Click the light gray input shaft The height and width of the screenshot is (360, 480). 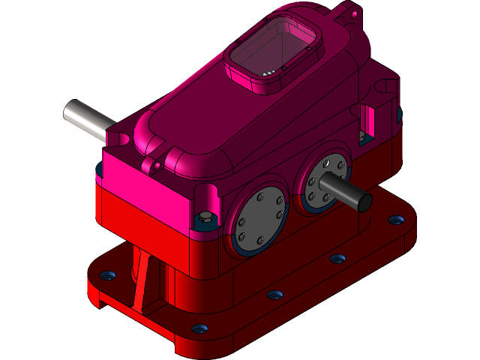pyautogui.click(x=86, y=118)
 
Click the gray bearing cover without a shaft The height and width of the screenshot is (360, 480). pyautogui.click(x=259, y=219)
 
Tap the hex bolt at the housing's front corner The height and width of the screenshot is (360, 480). pyautogui.click(x=205, y=219)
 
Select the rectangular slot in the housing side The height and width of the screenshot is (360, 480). pyautogui.click(x=367, y=120)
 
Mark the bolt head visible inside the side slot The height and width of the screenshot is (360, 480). pyautogui.click(x=363, y=136)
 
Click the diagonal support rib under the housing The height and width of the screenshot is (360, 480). pyautogui.click(x=142, y=281)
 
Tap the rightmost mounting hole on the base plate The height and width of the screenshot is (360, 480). pyautogui.click(x=394, y=221)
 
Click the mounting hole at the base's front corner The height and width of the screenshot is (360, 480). pyautogui.click(x=199, y=328)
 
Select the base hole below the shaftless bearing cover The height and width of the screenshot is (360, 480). pyautogui.click(x=274, y=294)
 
